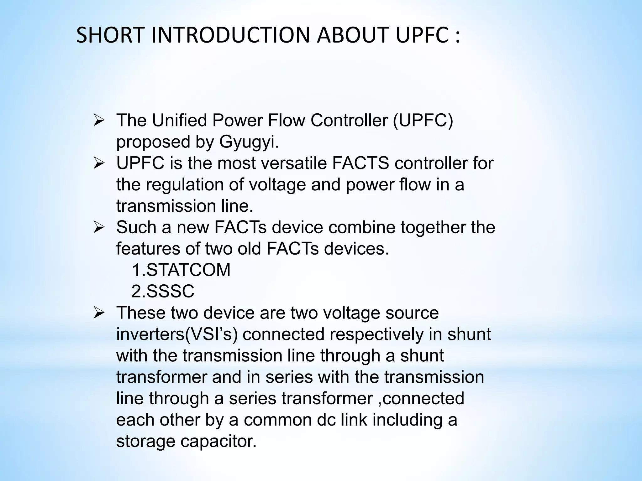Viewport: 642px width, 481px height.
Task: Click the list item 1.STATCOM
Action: [181, 270]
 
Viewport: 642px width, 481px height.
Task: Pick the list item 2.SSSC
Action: [163, 291]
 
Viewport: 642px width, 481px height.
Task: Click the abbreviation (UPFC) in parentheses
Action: [423, 120]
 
